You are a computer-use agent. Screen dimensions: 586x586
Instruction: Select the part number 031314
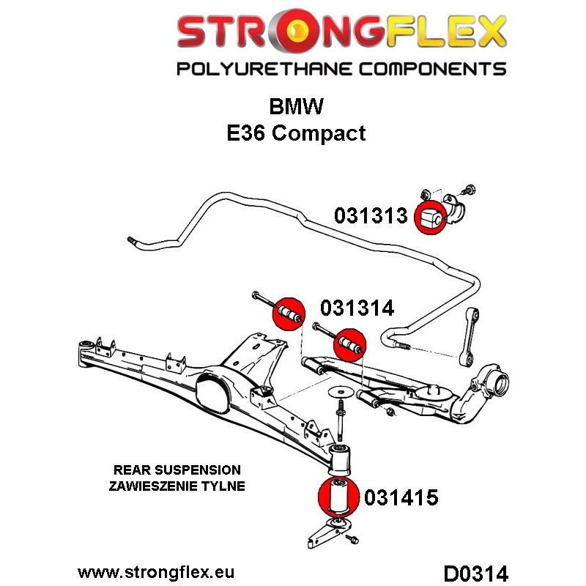pos(356,308)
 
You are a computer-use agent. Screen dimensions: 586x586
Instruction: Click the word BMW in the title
pos(295,107)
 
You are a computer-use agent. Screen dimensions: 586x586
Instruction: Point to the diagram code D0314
pos(476,571)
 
